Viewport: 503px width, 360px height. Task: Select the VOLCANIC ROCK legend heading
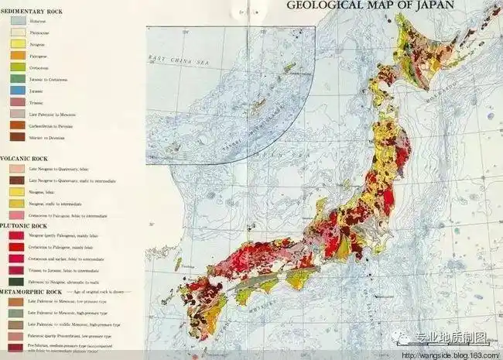point(28,157)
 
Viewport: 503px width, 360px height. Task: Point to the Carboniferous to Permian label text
point(53,125)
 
